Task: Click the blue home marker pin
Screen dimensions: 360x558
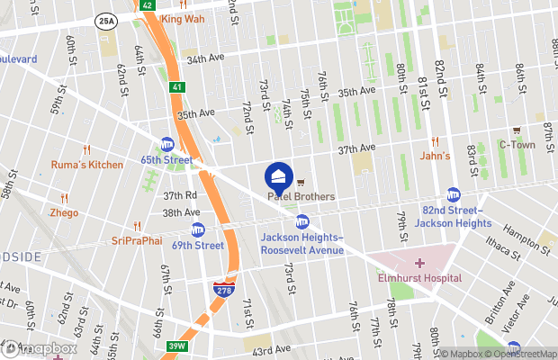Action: point(278,175)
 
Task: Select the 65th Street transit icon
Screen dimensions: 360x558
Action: point(167,144)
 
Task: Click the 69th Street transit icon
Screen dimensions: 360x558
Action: point(197,229)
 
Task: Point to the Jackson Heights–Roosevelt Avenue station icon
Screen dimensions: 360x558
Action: point(302,221)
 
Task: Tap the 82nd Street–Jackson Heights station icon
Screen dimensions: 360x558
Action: point(454,194)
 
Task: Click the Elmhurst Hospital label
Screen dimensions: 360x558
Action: point(419,278)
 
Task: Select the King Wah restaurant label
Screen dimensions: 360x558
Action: point(183,18)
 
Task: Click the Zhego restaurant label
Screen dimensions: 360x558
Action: point(64,213)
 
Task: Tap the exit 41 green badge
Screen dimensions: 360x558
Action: point(177,87)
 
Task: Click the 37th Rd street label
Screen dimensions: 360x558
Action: point(180,195)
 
